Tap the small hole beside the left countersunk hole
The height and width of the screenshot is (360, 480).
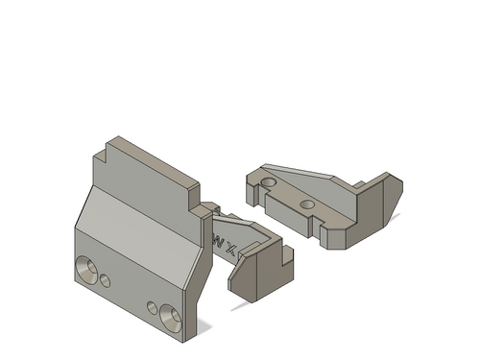tap(106, 280)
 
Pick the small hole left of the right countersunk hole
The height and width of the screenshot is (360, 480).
tap(153, 307)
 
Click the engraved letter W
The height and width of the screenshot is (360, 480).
tap(218, 241)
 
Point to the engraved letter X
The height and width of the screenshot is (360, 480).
tap(232, 250)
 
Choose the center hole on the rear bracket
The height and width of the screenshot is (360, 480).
tap(306, 204)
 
